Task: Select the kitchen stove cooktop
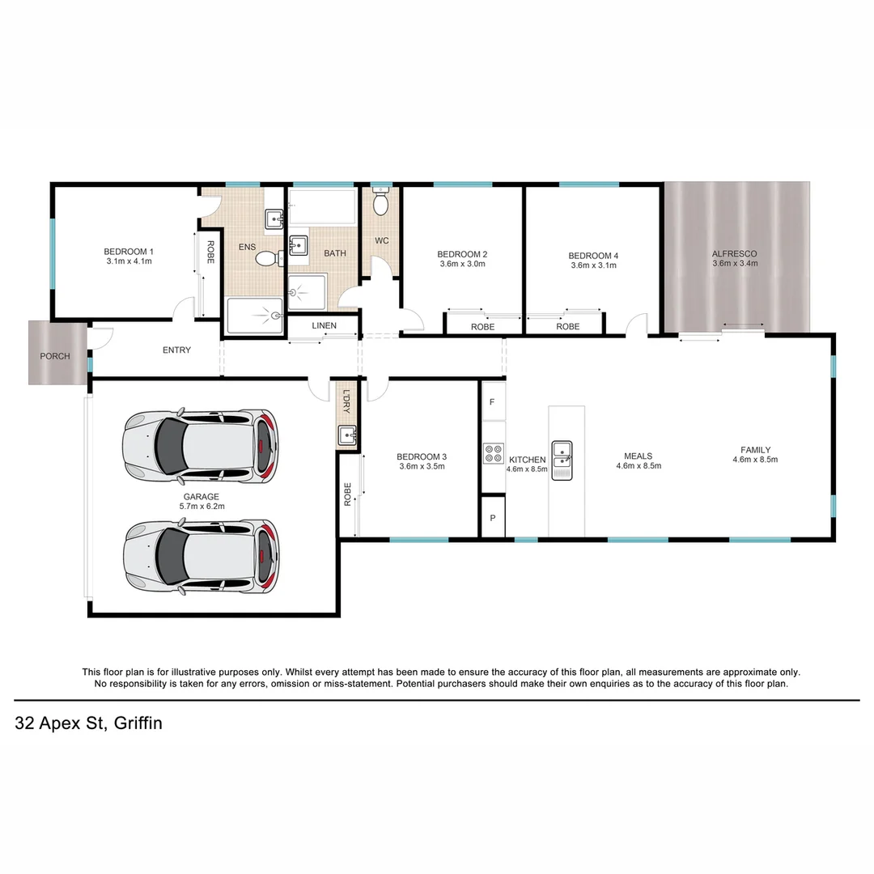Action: pyautogui.click(x=493, y=453)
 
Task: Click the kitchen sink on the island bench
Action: pyautogui.click(x=562, y=460)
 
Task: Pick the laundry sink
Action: pyautogui.click(x=348, y=436)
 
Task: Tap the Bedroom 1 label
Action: pyautogui.click(x=129, y=251)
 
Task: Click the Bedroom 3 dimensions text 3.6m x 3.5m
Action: pyautogui.click(x=422, y=466)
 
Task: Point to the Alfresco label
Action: pyautogui.click(x=735, y=253)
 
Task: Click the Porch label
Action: pyautogui.click(x=55, y=356)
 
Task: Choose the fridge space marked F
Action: pyautogui.click(x=492, y=401)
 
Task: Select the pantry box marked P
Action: pyautogui.click(x=492, y=517)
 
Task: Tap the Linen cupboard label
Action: pyautogui.click(x=323, y=326)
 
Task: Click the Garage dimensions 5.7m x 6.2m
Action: pyautogui.click(x=202, y=507)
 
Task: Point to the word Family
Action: pyautogui.click(x=756, y=450)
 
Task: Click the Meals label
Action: pyautogui.click(x=639, y=456)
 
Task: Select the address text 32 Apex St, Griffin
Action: pyautogui.click(x=88, y=723)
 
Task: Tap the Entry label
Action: pyautogui.click(x=176, y=350)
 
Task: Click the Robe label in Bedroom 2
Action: pyautogui.click(x=483, y=327)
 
